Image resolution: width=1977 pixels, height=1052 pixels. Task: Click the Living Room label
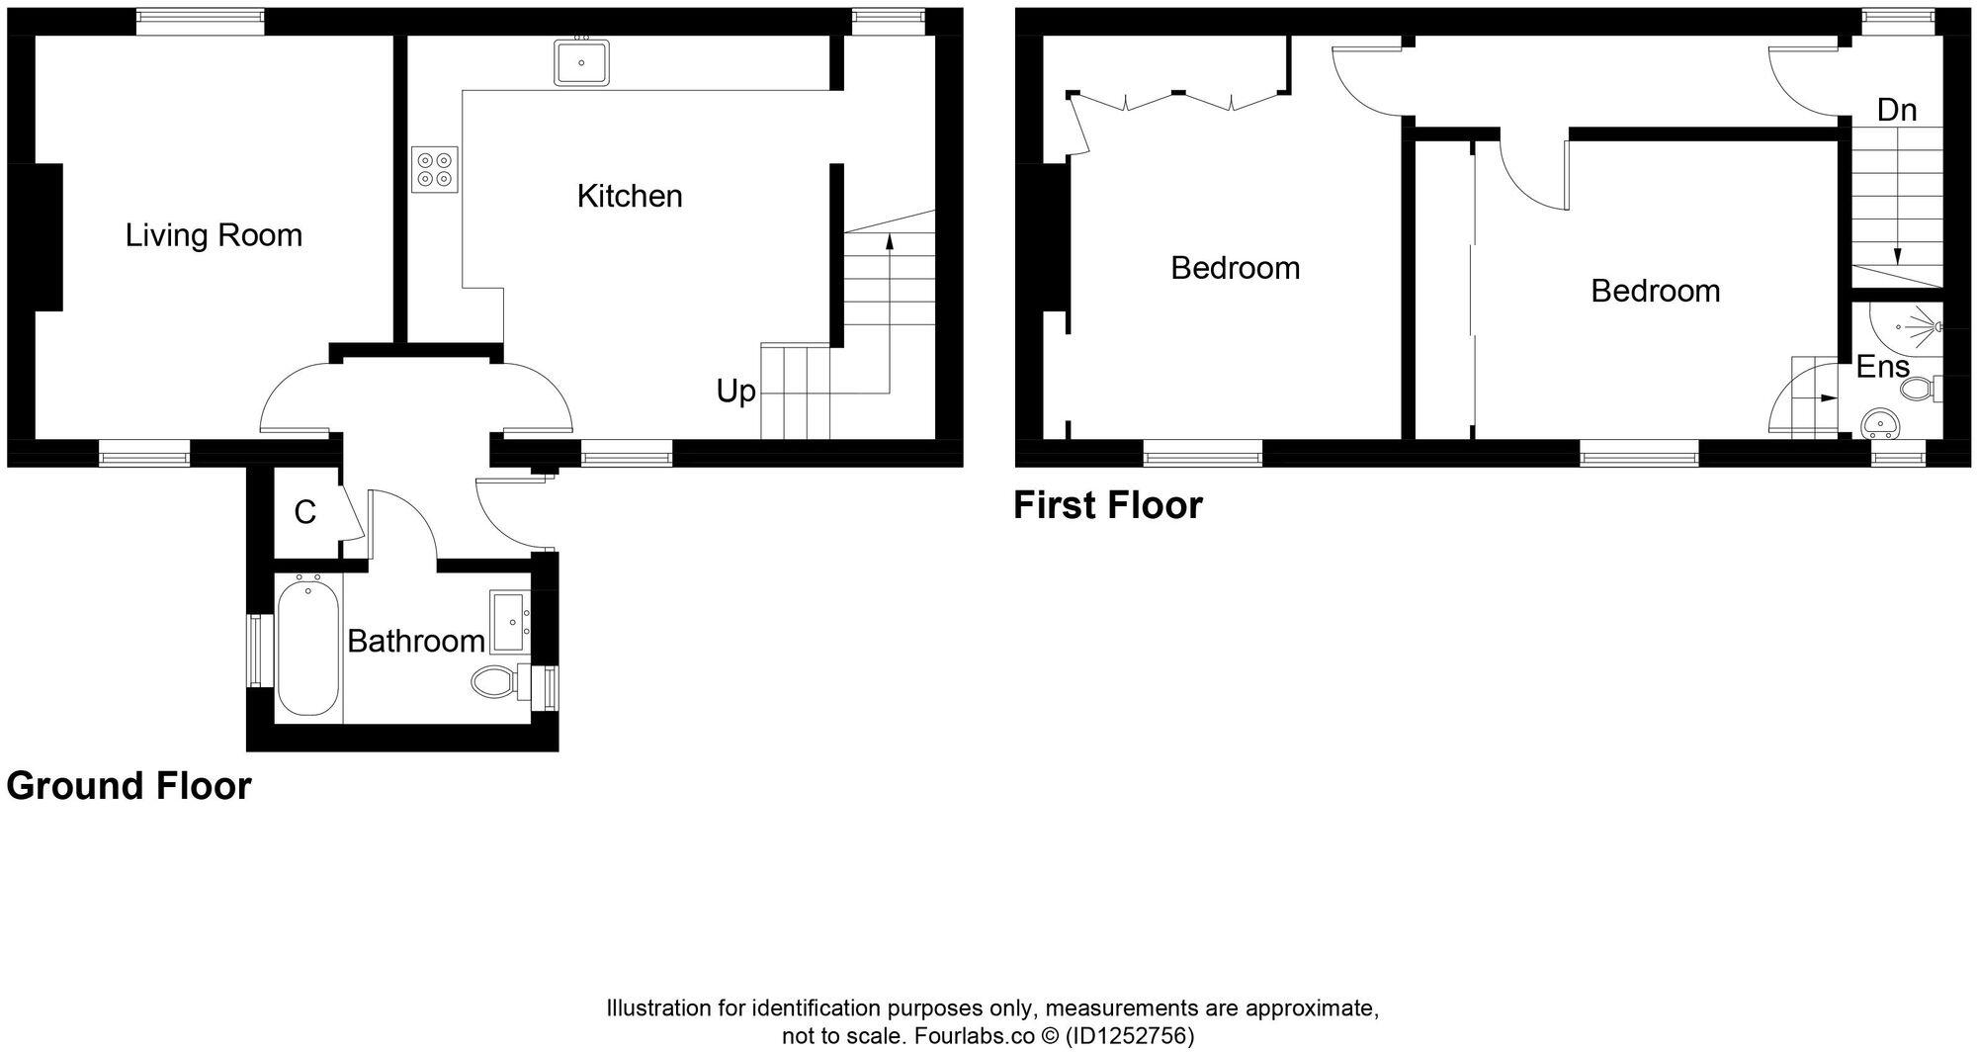click(x=214, y=235)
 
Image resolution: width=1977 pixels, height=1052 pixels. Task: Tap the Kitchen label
click(x=630, y=196)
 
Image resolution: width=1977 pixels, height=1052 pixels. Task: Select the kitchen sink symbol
click(x=581, y=62)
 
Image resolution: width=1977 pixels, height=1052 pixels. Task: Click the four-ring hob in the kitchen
click(x=435, y=169)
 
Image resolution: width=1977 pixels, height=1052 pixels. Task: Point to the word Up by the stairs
click(x=736, y=392)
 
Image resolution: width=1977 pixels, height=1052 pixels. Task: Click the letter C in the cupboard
click(x=305, y=512)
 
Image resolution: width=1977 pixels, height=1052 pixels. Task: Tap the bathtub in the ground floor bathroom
click(x=308, y=648)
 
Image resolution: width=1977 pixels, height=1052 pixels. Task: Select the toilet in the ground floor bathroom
click(x=499, y=681)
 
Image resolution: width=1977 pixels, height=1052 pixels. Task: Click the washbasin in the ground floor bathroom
click(x=510, y=622)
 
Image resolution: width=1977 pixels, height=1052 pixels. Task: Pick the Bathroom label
click(x=416, y=642)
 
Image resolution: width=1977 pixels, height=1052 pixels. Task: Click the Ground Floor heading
click(x=129, y=786)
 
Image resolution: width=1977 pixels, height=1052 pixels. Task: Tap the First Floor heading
click(x=1108, y=505)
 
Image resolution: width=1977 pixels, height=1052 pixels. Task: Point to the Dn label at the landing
click(x=1896, y=110)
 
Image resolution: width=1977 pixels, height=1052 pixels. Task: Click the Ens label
click(x=1882, y=367)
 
